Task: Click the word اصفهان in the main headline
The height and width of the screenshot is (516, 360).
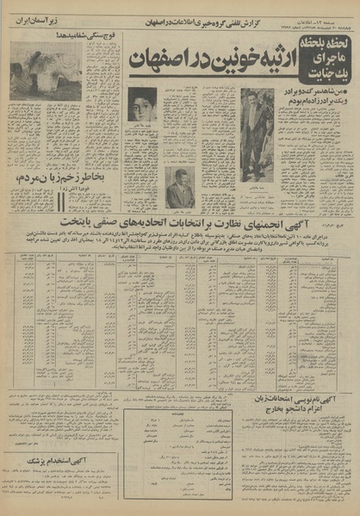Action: (x=154, y=63)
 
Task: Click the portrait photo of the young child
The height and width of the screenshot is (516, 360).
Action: (x=142, y=105)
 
